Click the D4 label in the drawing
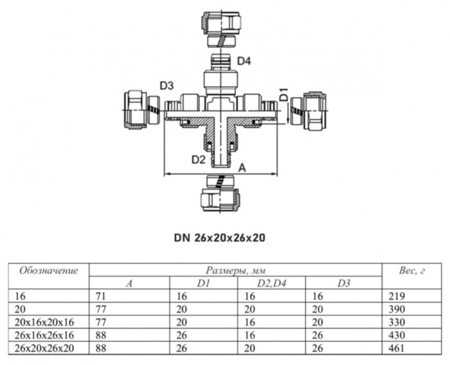245,61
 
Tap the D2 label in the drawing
197,159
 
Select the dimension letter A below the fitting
242,166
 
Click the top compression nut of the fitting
221,24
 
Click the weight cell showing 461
398,348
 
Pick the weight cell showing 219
398,296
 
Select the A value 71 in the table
100,296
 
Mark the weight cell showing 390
398,309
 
